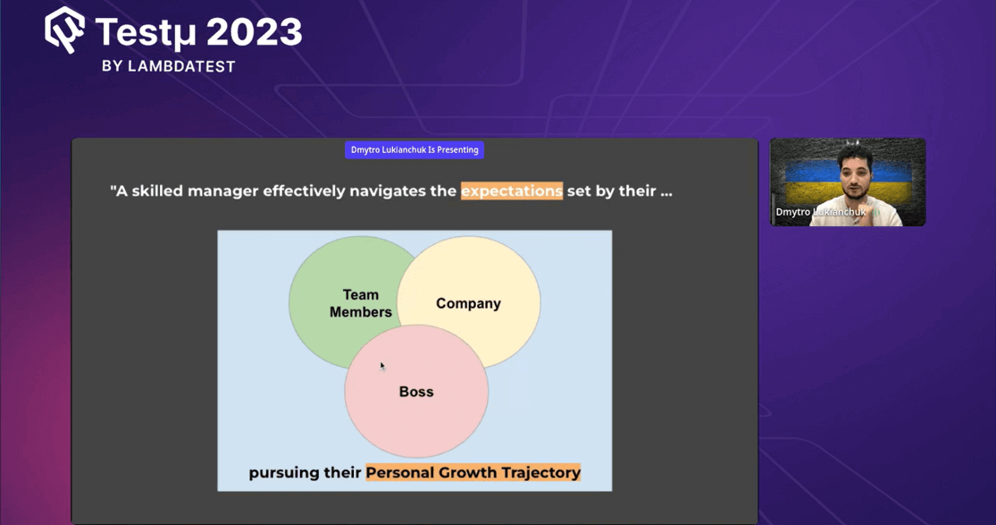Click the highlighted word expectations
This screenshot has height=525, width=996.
pos(511,191)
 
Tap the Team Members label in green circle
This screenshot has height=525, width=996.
pos(361,303)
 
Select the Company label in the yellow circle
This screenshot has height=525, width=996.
pos(468,303)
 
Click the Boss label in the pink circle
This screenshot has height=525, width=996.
pos(416,392)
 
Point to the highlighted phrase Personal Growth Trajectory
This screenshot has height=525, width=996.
pos(473,472)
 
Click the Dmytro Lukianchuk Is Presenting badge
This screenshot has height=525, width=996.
pos(414,150)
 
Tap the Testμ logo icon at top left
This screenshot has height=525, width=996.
pos(64,30)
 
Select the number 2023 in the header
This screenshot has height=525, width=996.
pos(255,33)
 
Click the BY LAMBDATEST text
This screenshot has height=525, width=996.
pos(168,66)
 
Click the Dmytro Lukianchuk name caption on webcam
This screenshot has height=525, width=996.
pos(820,212)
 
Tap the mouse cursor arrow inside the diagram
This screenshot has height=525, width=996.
pos(382,366)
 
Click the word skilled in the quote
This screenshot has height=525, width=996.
pos(155,191)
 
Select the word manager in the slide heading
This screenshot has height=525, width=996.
pos(222,191)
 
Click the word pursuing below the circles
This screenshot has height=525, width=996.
pos(286,473)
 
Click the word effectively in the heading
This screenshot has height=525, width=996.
pos(304,191)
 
